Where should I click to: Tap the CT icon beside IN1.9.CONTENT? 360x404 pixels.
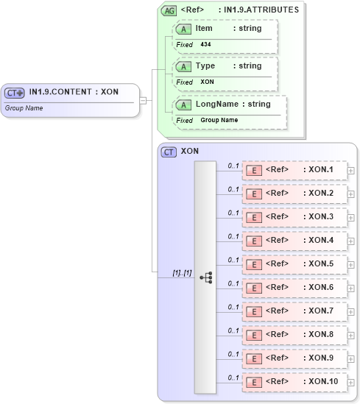14,93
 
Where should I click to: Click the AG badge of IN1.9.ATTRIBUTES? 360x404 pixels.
169,10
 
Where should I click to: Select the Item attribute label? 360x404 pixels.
204,27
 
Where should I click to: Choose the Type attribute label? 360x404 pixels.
205,65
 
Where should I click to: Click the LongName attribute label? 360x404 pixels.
212,104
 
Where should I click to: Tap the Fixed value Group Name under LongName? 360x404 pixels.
219,120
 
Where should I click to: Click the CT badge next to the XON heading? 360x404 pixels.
169,152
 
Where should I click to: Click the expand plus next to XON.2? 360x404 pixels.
351,194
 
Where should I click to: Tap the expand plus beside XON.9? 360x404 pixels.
351,359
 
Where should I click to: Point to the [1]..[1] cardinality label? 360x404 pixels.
182,273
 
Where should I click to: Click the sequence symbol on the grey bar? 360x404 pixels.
205,277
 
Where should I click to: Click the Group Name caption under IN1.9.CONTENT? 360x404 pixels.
24,107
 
